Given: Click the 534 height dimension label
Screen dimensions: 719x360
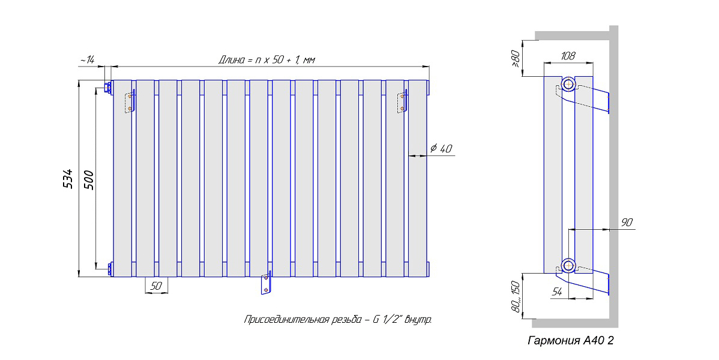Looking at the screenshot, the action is pyautogui.click(x=67, y=178).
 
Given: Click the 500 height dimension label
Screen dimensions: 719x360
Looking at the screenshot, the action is pyautogui.click(x=88, y=180).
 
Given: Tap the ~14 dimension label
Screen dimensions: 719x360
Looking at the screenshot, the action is pyautogui.click(x=86, y=60).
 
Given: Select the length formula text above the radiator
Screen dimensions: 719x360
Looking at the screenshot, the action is pyautogui.click(x=266, y=60).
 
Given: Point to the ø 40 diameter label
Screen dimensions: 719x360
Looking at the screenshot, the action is pyautogui.click(x=441, y=148).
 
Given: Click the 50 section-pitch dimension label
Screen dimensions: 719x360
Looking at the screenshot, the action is pyautogui.click(x=157, y=286).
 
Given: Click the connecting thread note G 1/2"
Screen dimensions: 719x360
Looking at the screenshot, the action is pyautogui.click(x=337, y=320).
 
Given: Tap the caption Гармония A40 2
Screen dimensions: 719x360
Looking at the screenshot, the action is pyautogui.click(x=570, y=341).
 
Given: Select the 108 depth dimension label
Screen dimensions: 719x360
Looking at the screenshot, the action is pyautogui.click(x=568, y=56).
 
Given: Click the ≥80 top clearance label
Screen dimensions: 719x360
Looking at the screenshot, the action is pyautogui.click(x=516, y=59).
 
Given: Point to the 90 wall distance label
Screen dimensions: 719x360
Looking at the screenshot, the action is pyautogui.click(x=627, y=223).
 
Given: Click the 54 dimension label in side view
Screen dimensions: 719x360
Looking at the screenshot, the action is pyautogui.click(x=557, y=292).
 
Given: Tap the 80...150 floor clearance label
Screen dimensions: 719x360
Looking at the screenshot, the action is pyautogui.click(x=516, y=296).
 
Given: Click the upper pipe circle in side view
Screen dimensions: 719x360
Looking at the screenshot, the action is pyautogui.click(x=568, y=85).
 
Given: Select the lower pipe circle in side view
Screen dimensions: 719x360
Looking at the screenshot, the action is pyautogui.click(x=568, y=266).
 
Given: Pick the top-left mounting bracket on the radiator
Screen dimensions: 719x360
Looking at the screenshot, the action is pyautogui.click(x=131, y=101).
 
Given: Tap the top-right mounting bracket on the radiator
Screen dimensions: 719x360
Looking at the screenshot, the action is pyautogui.click(x=403, y=101).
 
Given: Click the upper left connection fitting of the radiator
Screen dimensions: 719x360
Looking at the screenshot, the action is pyautogui.click(x=109, y=88).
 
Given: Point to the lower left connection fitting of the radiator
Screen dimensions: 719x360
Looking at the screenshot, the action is pyautogui.click(x=109, y=269).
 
